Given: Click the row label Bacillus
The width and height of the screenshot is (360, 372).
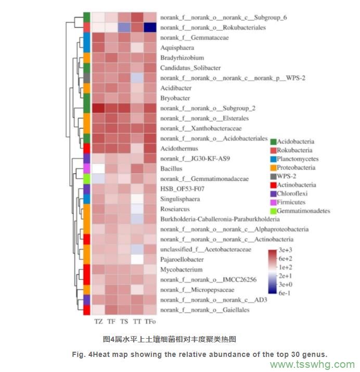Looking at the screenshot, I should [172, 169].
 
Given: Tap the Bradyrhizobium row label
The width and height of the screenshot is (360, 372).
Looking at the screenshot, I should [182, 58].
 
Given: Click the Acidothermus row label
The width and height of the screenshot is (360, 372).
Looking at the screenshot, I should [179, 148].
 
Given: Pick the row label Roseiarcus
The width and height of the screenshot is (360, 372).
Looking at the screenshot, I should [175, 209].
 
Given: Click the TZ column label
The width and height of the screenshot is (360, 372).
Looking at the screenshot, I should [98, 321].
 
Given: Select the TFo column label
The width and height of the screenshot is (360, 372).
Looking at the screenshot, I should [149, 321].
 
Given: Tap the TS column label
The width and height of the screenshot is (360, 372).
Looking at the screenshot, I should [124, 321].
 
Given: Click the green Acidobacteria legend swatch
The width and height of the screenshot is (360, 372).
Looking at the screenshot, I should [273, 142].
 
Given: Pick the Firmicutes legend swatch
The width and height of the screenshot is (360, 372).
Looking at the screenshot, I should [273, 202].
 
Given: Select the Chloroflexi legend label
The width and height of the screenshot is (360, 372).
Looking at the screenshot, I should [294, 194].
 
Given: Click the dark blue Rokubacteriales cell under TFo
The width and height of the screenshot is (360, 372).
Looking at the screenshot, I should [149, 27].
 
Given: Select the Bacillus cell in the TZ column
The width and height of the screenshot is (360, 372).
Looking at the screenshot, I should [98, 169].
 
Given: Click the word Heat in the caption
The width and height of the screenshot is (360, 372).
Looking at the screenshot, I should [111, 354].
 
